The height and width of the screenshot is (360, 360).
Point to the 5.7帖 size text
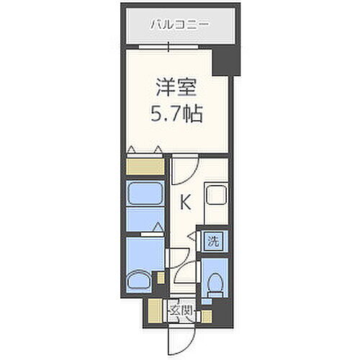[176, 113]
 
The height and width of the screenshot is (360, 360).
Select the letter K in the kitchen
[185, 203]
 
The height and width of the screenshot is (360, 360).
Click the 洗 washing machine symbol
[213, 240]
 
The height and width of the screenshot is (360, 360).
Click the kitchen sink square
[216, 195]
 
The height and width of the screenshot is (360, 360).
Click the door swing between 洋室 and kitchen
[183, 171]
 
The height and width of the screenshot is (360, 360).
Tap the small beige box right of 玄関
[207, 314]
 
